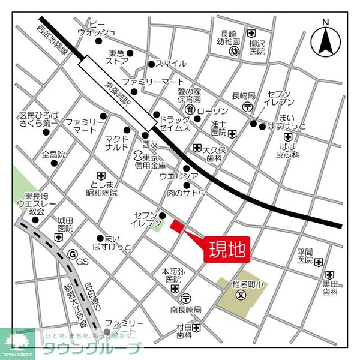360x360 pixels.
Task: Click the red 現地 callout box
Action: (x=227, y=249)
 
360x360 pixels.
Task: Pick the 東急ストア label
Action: (x=117, y=56)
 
